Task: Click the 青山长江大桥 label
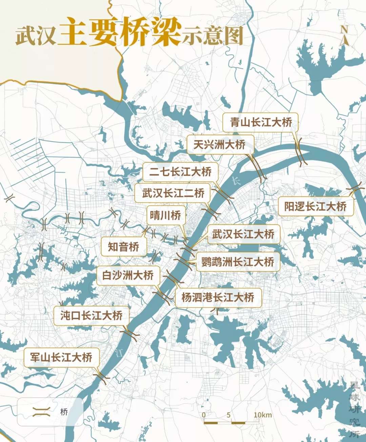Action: pyautogui.click(x=260, y=122)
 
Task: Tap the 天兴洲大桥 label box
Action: pyautogui.click(x=220, y=144)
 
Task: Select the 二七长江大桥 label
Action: pyautogui.click(x=180, y=172)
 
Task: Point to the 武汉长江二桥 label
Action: pyautogui.click(x=173, y=193)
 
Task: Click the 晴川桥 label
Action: pyautogui.click(x=166, y=215)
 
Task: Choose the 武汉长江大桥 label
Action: pyautogui.click(x=243, y=234)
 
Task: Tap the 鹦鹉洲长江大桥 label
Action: pyautogui.click(x=238, y=262)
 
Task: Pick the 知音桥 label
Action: pyautogui.click(x=124, y=246)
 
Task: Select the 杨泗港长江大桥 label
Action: pyautogui.click(x=218, y=298)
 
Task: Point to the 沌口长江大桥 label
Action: pyautogui.click(x=91, y=316)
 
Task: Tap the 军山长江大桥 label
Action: pyautogui.click(x=61, y=357)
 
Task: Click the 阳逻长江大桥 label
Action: pyautogui.click(x=316, y=206)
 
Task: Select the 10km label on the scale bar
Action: pyautogui.click(x=263, y=415)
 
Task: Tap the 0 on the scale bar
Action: pyautogui.click(x=204, y=415)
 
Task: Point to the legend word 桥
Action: pyautogui.click(x=64, y=412)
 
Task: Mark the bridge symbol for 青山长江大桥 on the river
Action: pyautogui.click(x=300, y=152)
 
